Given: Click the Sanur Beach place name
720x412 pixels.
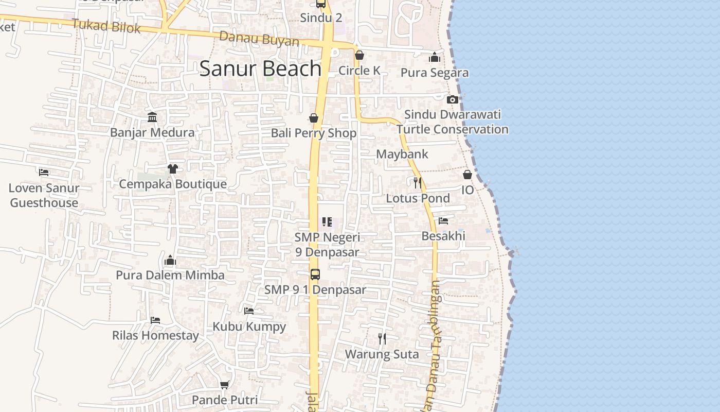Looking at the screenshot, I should [x=260, y=68].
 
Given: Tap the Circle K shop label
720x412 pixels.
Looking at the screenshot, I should [x=359, y=71].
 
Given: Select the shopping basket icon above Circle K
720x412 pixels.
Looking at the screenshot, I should [x=359, y=55].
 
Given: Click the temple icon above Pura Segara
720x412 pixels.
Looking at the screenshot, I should [x=435, y=57].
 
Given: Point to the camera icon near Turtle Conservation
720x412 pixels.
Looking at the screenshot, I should [x=453, y=99].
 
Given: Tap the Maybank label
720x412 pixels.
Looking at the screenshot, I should [x=402, y=154].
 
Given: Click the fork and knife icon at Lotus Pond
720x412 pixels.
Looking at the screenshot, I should [x=418, y=182].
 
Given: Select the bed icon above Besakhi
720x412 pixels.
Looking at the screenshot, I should [x=443, y=221].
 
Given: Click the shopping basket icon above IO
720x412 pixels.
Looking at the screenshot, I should [x=467, y=175].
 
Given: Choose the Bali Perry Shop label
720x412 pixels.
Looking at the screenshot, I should [x=314, y=133].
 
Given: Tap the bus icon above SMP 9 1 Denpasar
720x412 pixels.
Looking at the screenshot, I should [x=315, y=274].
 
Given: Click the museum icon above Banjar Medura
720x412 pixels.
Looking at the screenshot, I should [x=152, y=117].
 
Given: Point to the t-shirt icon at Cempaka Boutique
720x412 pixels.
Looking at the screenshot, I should [x=172, y=169].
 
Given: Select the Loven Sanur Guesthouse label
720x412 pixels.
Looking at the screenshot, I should [x=44, y=195].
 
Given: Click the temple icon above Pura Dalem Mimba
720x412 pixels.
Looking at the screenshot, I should [x=170, y=260].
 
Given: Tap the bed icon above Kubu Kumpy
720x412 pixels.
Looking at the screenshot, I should [x=249, y=311].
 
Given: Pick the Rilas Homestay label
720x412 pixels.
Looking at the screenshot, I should [x=155, y=336].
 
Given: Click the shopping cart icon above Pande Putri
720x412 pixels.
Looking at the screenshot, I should [x=225, y=385].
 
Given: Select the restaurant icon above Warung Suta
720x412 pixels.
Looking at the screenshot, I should [x=382, y=338].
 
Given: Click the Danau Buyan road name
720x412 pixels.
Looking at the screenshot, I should [x=259, y=39].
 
